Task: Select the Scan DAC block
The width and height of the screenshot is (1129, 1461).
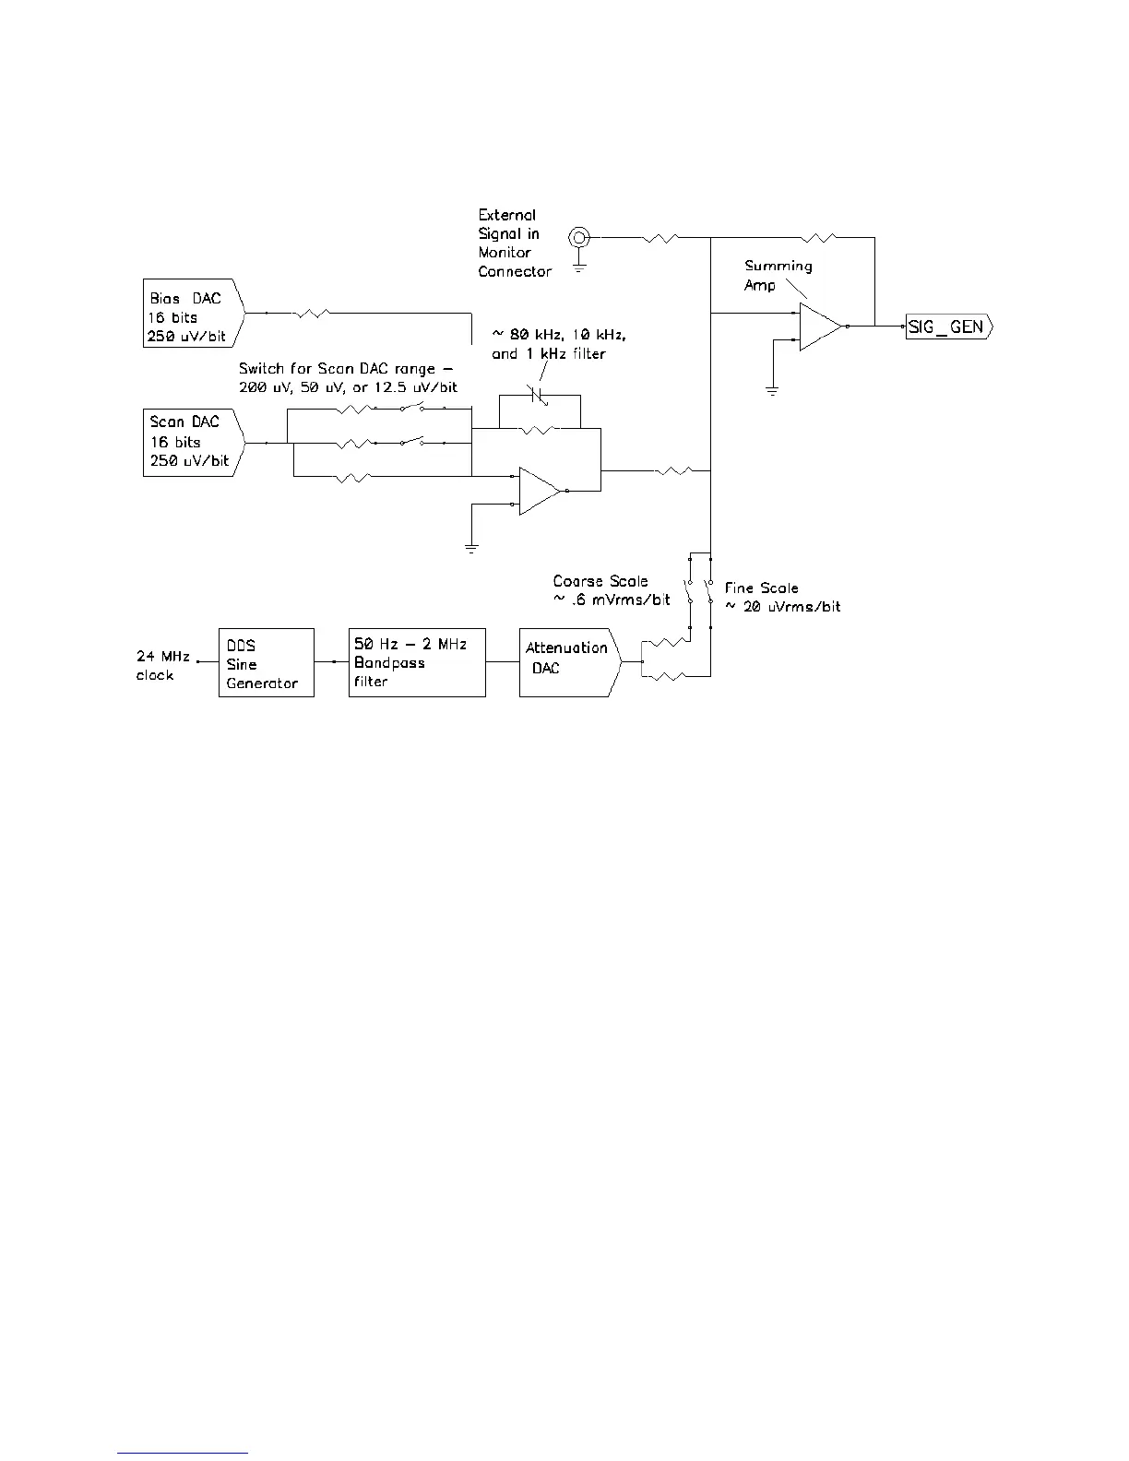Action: (x=193, y=443)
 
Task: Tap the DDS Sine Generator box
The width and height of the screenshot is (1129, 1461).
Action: (x=266, y=663)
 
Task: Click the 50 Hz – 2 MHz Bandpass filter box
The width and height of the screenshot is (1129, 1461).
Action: (x=417, y=663)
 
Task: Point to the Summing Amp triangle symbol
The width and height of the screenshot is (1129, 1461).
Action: (x=820, y=327)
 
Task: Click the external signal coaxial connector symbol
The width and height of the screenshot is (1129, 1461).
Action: (x=579, y=237)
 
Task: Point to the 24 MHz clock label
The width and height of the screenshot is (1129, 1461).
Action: (x=162, y=665)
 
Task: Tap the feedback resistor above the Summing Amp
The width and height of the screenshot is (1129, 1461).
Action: (x=820, y=238)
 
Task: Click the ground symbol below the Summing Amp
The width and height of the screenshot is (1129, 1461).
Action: (x=773, y=391)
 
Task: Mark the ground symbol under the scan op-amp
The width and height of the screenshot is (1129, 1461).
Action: (x=471, y=550)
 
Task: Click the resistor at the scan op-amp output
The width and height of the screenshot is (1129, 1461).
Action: (x=672, y=471)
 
